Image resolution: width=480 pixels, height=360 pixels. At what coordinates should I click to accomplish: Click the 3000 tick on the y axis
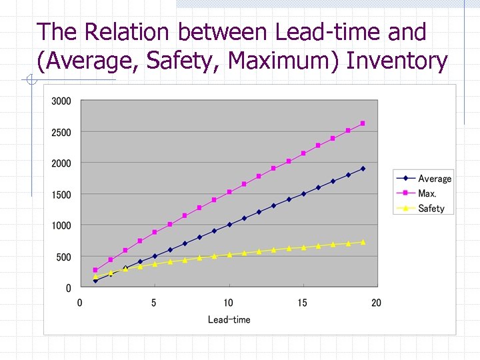(61, 101)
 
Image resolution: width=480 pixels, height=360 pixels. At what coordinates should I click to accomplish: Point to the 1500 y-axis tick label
(61, 195)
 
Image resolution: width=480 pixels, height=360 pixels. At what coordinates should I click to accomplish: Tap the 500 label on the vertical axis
(64, 257)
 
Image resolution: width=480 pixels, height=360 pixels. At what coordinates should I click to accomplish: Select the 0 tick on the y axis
(69, 288)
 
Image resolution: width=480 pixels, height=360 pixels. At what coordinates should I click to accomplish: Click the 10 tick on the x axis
(228, 303)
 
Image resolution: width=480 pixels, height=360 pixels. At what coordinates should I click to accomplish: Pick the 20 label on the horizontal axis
(376, 303)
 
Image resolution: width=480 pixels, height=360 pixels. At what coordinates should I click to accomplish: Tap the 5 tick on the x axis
(154, 303)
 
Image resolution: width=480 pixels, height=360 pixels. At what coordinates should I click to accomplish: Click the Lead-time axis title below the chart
(229, 320)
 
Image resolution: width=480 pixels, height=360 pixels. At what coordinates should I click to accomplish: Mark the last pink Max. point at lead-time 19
(363, 123)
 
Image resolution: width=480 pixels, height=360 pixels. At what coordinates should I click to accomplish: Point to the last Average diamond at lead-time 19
(363, 169)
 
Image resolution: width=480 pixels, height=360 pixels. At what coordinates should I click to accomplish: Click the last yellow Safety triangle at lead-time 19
(363, 242)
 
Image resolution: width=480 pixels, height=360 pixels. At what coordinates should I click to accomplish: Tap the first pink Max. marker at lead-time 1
(95, 270)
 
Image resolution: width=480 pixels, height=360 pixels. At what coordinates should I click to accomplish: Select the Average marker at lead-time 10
(229, 225)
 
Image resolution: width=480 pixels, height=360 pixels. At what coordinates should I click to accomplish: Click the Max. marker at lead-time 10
(229, 192)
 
